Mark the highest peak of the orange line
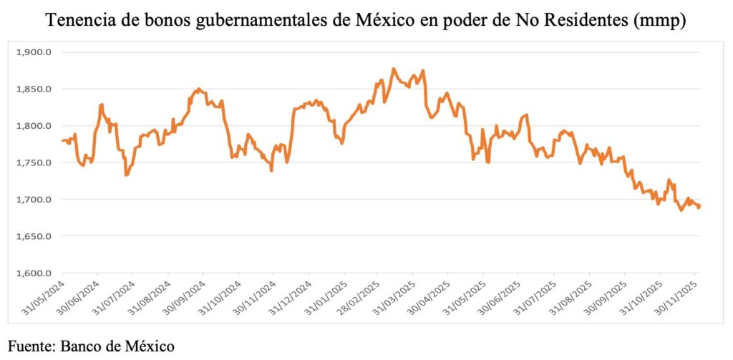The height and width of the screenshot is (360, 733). point(394,69)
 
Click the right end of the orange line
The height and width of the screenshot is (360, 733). point(699,207)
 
